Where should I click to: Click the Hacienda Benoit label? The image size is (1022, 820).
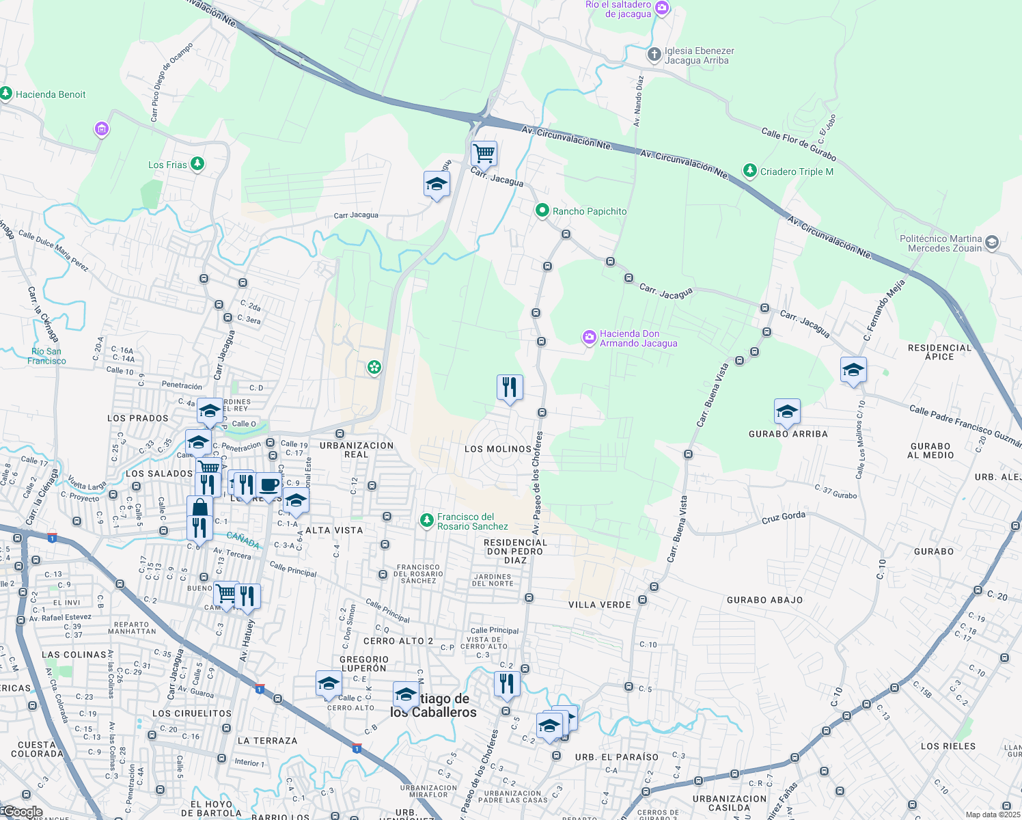tap(51, 94)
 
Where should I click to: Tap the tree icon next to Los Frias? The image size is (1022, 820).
tap(197, 164)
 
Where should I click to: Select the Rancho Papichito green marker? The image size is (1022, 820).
tap(542, 210)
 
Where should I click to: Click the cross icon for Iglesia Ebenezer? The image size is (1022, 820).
tap(654, 55)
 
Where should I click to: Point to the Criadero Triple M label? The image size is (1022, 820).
tap(797, 172)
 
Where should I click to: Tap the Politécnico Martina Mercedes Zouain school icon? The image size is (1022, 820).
tap(992, 243)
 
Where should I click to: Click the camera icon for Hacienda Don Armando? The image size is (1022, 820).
tap(589, 338)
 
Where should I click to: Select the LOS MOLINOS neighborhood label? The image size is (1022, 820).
tap(498, 449)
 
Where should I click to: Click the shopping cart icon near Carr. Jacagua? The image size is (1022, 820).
tap(484, 154)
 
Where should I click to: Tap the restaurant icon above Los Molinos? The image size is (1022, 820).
tap(510, 387)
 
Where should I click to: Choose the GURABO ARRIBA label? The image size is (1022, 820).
tap(788, 434)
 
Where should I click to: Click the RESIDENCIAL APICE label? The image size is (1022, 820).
tap(939, 352)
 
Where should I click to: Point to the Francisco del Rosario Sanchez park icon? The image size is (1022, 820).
tap(427, 521)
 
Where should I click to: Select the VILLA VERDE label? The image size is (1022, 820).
tap(600, 605)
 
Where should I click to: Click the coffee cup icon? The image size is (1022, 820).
tap(269, 484)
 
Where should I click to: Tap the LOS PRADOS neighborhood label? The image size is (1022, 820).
tap(138, 418)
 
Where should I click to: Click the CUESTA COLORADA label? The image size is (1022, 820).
tap(37, 749)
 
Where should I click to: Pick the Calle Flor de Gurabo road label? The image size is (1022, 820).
tap(799, 144)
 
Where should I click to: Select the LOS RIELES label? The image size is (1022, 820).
tap(948, 746)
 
